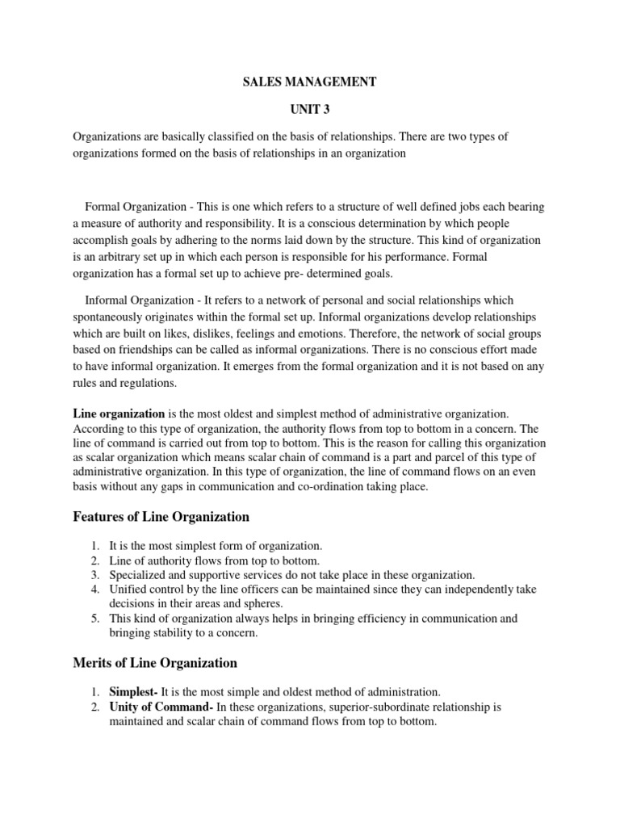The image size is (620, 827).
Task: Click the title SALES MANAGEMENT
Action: click(309, 82)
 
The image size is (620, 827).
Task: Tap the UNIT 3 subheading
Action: click(309, 109)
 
